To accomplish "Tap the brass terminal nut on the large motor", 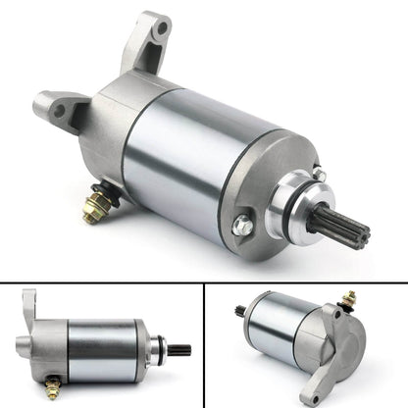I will (96, 209).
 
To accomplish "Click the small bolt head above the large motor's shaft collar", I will (320, 174).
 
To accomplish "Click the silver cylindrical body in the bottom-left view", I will (103, 344).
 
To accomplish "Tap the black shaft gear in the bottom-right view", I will (240, 312).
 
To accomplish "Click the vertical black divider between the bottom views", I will (205, 344).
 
